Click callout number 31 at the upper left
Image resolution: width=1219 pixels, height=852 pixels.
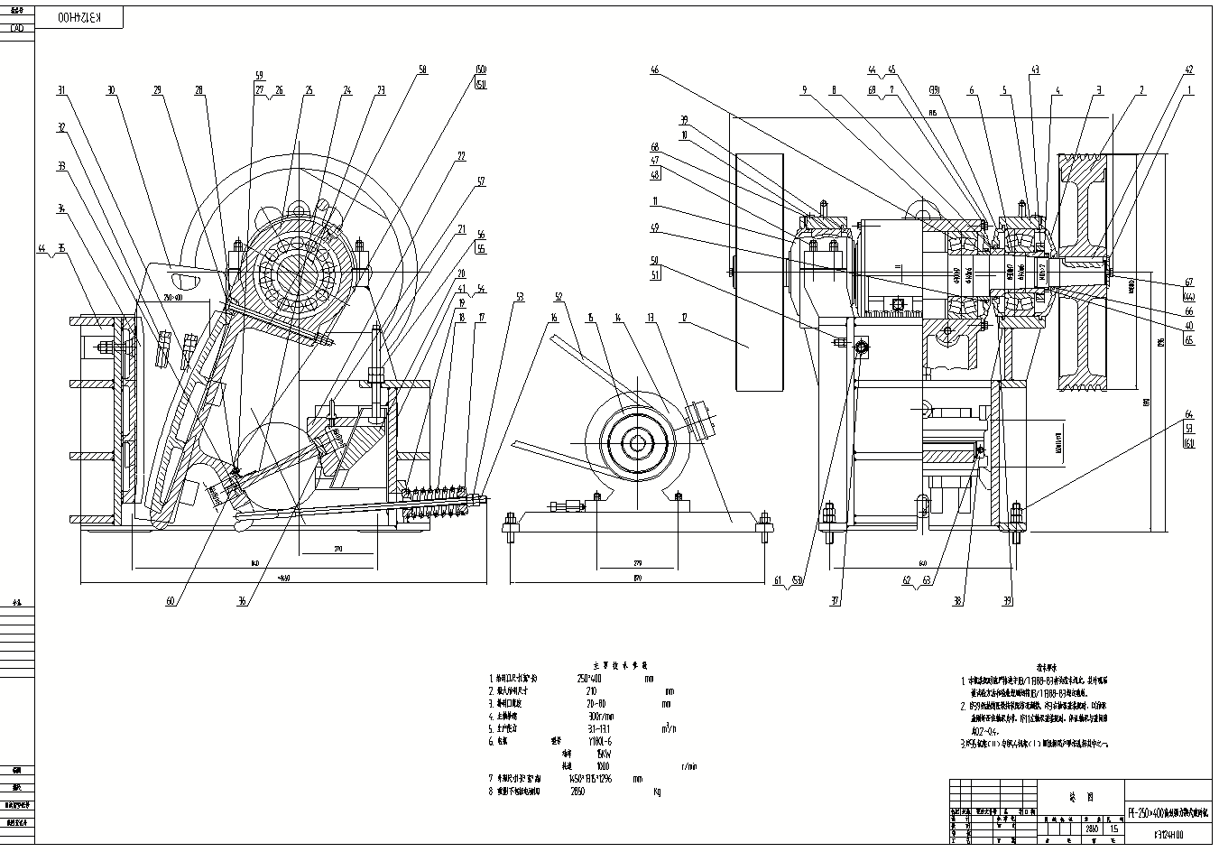[x=61, y=90]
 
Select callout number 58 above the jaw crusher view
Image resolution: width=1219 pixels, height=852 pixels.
[x=423, y=69]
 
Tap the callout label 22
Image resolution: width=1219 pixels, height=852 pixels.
[x=461, y=155]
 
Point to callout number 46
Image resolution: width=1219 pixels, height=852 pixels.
[x=655, y=69]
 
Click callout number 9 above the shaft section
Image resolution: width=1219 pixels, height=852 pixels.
[x=802, y=89]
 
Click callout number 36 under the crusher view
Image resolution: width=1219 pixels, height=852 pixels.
[x=241, y=601]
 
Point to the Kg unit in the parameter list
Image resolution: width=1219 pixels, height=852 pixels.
[x=657, y=792]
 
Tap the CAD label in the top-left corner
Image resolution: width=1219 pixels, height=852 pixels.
[x=16, y=28]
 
